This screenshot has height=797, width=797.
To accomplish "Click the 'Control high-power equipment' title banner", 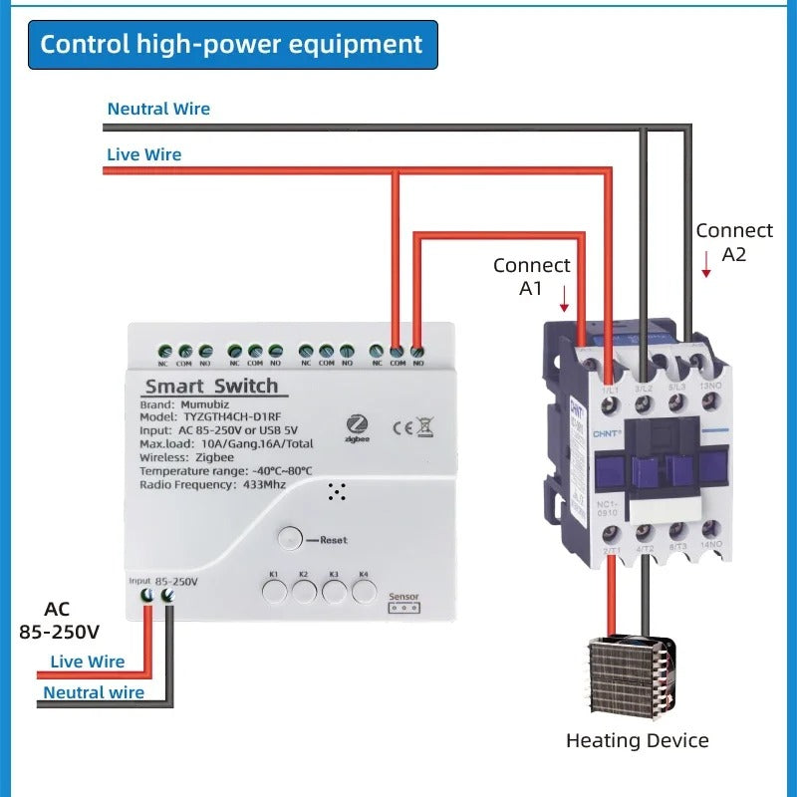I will click(232, 45).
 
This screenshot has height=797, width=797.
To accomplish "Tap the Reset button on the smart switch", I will click(289, 538).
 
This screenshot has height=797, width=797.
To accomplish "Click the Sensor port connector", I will click(403, 607).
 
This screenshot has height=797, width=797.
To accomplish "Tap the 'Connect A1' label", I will click(532, 277).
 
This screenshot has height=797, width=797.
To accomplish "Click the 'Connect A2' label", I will click(734, 242).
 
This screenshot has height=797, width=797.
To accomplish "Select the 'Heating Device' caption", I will click(638, 740).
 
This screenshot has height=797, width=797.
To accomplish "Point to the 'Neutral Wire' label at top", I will click(158, 109).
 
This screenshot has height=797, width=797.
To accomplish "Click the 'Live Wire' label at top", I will click(143, 154).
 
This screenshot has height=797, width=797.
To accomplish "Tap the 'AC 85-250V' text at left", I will click(59, 620).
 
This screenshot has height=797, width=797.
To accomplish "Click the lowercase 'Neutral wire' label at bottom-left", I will click(94, 692).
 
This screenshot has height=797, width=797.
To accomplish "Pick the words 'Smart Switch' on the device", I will click(211, 386).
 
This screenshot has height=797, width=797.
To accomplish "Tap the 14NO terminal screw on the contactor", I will click(710, 529).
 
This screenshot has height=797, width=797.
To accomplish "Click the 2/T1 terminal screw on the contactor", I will click(612, 532).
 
